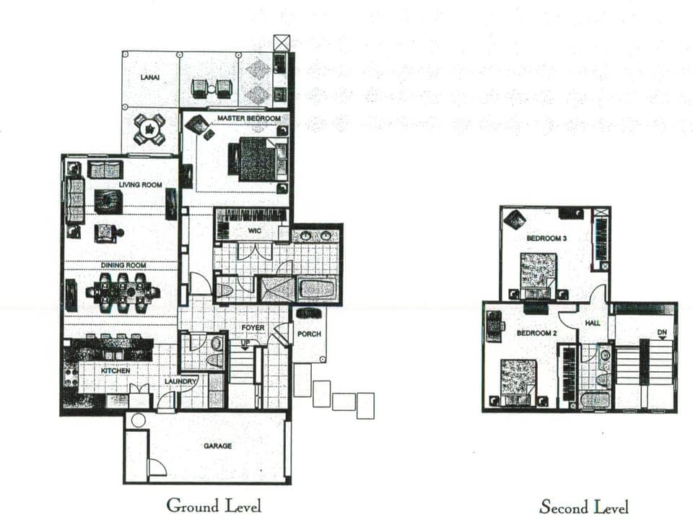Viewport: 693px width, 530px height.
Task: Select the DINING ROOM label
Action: [123, 266]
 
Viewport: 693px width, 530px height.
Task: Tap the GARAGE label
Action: [217, 446]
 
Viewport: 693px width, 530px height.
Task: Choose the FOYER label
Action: [253, 328]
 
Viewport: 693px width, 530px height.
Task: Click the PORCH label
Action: [309, 334]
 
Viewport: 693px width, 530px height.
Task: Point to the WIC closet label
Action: [253, 230]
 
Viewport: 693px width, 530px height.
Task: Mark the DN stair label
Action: [662, 332]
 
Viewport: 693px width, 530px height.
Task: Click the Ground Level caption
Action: [214, 505]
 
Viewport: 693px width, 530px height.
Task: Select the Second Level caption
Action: [584, 507]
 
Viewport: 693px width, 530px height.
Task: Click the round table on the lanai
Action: [149, 129]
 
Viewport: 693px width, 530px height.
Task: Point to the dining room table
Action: [123, 293]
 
